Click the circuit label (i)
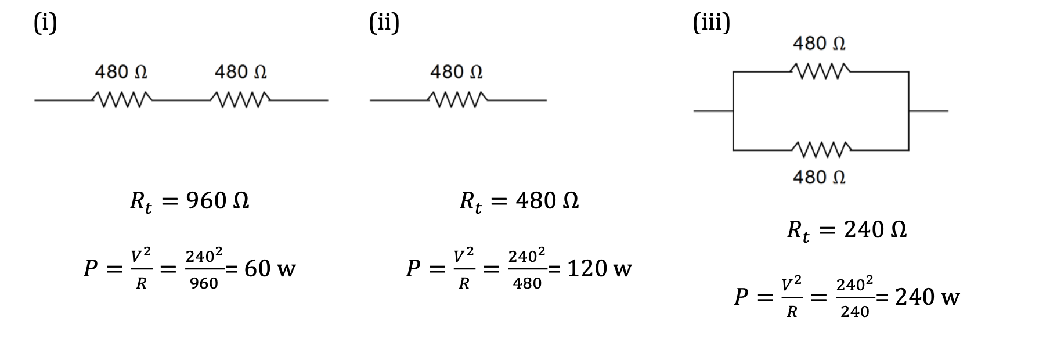[45, 23]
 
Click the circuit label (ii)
[384, 23]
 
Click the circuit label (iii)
[712, 23]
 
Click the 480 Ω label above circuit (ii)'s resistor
[456, 72]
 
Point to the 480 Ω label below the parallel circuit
[819, 177]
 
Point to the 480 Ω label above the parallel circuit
[819, 44]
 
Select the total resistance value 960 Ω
[218, 201]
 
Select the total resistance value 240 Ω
[875, 230]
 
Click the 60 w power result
[270, 269]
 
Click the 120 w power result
[599, 269]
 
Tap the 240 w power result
[927, 297]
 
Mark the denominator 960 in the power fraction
[204, 283]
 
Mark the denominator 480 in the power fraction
[527, 283]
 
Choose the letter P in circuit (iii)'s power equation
[741, 297]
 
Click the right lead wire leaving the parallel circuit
[929, 110]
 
